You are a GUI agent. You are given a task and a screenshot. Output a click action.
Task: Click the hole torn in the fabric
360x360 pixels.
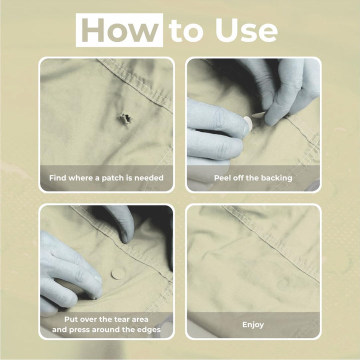click(x=123, y=119)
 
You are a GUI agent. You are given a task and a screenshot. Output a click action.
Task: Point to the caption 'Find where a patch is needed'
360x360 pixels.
click(x=106, y=177)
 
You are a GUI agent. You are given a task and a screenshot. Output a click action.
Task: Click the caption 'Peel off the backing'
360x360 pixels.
click(x=253, y=177)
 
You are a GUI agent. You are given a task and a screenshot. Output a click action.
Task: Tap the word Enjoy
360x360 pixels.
click(x=253, y=324)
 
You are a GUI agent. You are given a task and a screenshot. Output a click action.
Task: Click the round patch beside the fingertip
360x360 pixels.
click(x=118, y=274)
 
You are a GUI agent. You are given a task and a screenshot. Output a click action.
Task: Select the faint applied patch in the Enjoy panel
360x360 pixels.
click(x=283, y=284)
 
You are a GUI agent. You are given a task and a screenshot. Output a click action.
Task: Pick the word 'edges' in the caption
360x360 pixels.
click(x=149, y=329)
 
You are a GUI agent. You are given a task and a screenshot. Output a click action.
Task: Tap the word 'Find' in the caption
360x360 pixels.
click(x=57, y=177)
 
